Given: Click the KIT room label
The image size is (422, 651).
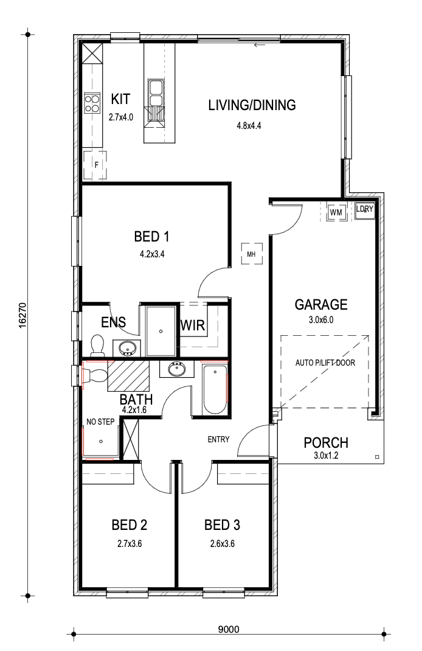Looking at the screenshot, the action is [x=121, y=99].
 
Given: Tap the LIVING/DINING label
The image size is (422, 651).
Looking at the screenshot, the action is [x=252, y=105].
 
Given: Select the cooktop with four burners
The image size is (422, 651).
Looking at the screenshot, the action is [x=92, y=103].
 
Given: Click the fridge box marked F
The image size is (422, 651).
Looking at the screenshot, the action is [x=95, y=165].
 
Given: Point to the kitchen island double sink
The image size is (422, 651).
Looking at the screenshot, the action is [x=156, y=93].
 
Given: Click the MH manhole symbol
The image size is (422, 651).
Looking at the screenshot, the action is [x=252, y=254].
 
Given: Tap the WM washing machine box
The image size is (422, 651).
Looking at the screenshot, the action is [x=336, y=212].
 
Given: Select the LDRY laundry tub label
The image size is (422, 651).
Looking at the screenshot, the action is [x=365, y=209].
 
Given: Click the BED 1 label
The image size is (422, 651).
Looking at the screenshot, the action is [x=151, y=237].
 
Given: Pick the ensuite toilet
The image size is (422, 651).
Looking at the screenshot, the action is [x=97, y=345].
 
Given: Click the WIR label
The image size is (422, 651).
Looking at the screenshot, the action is [x=193, y=325].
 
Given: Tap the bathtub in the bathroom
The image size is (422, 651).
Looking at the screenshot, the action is [x=215, y=389].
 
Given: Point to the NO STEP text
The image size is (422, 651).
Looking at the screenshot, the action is [x=100, y=422].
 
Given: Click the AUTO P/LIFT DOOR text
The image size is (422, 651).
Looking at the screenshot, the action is [x=325, y=363].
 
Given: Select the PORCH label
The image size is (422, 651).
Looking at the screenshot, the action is [x=326, y=442].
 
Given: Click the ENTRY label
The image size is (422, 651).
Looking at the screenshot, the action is [x=218, y=439].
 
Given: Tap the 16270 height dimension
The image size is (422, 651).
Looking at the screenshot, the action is [x=22, y=316].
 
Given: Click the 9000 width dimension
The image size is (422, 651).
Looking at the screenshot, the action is [x=229, y=630].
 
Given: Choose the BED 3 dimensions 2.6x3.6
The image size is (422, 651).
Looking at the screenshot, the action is [x=223, y=543].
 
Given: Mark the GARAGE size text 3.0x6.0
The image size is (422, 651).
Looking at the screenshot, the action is [x=320, y=319].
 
